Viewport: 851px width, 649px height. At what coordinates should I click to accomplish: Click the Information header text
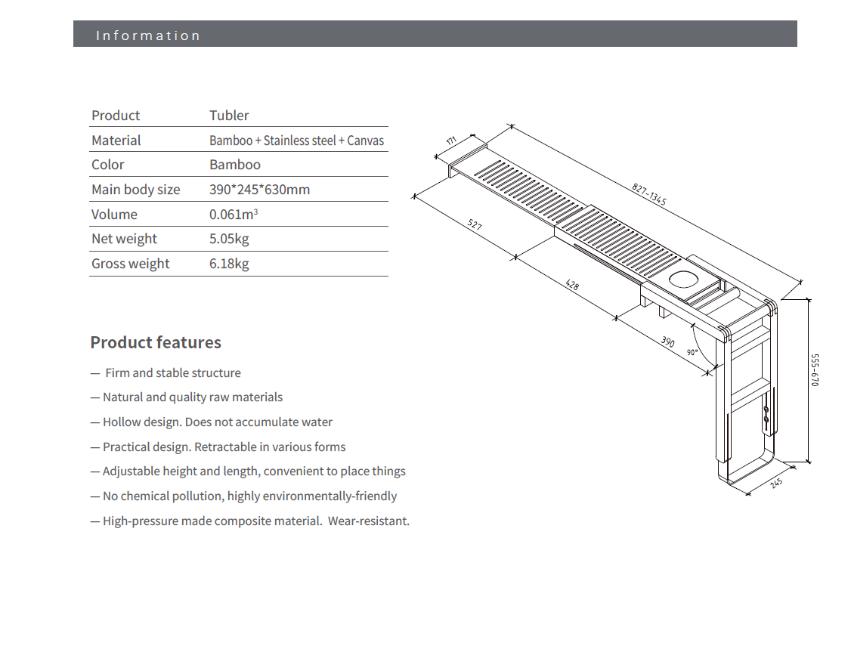[x=148, y=36]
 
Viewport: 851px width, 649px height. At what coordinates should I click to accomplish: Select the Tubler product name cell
[x=229, y=116]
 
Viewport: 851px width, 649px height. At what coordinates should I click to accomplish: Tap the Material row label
[x=116, y=141]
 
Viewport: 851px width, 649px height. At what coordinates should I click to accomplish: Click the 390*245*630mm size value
[x=259, y=190]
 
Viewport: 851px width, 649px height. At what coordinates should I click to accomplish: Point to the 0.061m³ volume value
[x=234, y=215]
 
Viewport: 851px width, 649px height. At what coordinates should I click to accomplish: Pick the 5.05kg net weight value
[x=229, y=239]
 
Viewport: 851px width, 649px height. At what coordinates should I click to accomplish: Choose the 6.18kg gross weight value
[x=229, y=264]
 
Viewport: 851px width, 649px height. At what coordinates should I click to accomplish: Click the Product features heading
[x=156, y=342]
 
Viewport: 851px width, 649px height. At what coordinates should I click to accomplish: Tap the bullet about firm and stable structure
[x=166, y=372]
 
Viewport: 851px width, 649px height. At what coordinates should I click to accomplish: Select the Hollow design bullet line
[x=212, y=422]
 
